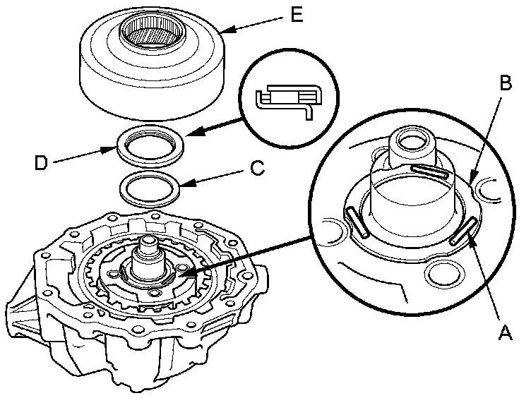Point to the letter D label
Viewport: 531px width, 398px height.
(41, 164)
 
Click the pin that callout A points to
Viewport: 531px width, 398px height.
(463, 231)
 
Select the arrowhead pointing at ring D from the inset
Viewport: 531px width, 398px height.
(192, 133)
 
